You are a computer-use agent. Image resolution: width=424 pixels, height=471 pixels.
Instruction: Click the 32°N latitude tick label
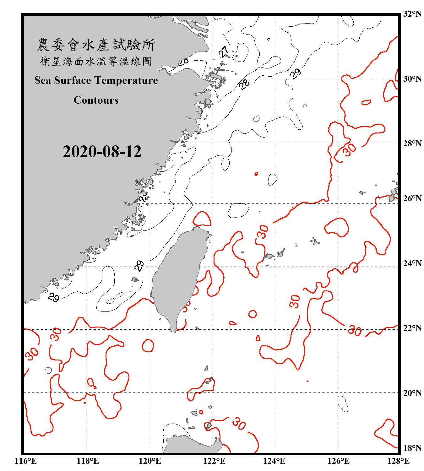point(412,14)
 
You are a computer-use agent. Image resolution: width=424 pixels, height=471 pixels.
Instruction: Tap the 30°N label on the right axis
point(412,79)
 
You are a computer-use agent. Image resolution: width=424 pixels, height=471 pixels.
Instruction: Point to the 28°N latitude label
point(412,143)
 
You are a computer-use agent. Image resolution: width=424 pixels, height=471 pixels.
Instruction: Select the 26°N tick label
point(412,198)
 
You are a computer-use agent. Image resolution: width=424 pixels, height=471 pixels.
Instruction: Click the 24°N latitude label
point(412,263)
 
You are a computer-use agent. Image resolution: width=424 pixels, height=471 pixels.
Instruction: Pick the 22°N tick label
point(412,328)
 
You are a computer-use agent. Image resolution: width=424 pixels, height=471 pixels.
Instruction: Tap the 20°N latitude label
point(412,393)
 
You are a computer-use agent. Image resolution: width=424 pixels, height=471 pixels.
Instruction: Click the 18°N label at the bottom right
point(412,448)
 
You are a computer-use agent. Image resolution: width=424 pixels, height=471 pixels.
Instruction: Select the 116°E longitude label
point(26,461)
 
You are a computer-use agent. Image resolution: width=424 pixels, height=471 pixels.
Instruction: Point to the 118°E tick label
point(88,461)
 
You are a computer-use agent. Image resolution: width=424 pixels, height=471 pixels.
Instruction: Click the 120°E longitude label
point(150,461)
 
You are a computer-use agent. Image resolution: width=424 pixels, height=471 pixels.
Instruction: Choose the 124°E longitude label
point(274,461)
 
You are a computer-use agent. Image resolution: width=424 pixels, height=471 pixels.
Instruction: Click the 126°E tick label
point(338,461)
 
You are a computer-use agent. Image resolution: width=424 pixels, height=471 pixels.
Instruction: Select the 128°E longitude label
point(398,461)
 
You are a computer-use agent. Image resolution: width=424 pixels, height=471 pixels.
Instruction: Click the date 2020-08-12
point(102,152)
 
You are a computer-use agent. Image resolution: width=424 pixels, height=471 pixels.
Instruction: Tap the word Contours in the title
point(96,100)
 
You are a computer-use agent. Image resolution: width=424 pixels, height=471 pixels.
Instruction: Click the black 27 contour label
point(224,51)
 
